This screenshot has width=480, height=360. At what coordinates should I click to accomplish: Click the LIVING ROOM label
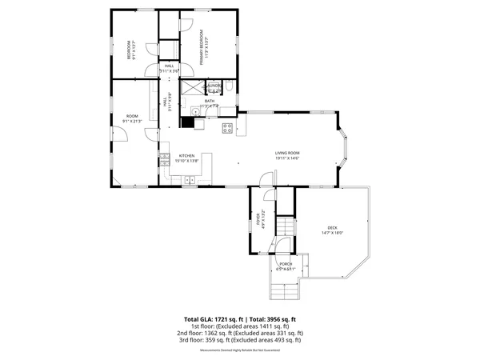287,152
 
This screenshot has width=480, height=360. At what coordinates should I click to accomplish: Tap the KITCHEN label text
186,156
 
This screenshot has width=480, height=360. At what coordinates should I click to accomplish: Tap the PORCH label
286,264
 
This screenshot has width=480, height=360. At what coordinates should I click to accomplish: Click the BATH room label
210,101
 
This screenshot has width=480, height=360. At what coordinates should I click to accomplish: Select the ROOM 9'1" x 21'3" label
131,118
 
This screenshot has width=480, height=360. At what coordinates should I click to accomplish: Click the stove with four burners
227,127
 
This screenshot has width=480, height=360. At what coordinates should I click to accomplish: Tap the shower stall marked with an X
192,87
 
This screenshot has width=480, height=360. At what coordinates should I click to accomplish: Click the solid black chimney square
189,122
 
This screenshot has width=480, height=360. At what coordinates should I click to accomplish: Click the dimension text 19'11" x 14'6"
287,157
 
